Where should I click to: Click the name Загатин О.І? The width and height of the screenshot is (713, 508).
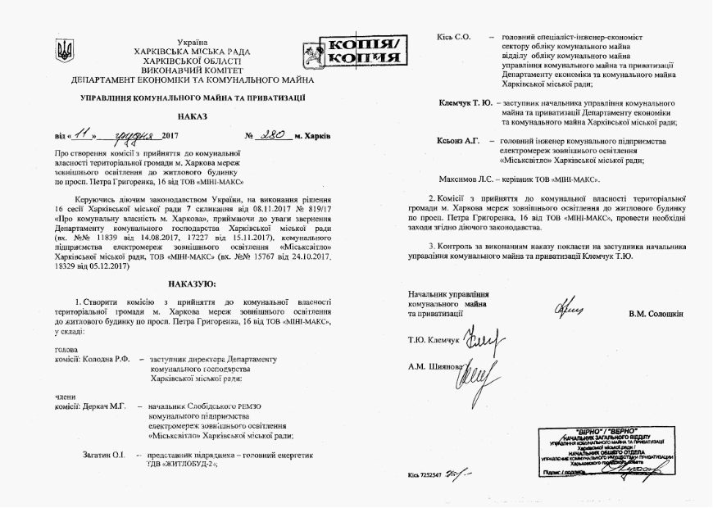pyautogui.click(x=102, y=454)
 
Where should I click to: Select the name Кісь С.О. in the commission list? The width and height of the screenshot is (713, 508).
pyautogui.click(x=454, y=38)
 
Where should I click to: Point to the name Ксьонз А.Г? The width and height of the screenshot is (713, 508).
pyautogui.click(x=456, y=141)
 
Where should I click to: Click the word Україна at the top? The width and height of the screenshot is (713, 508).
pyautogui.click(x=192, y=41)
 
